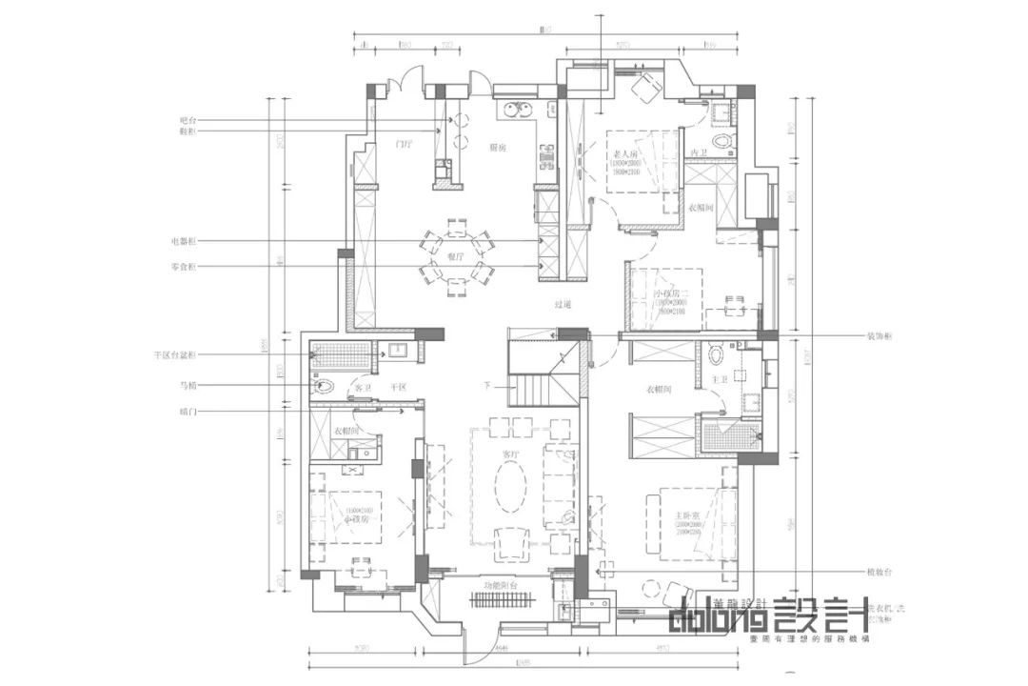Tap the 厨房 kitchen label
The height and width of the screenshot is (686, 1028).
(x=497, y=148)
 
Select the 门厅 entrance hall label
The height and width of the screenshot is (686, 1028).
(x=404, y=144)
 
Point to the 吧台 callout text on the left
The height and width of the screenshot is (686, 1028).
(x=188, y=121)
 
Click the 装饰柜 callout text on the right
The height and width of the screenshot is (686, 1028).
(x=879, y=336)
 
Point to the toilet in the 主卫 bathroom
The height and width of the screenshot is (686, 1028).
(x=717, y=356)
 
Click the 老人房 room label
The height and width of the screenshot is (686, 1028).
(x=626, y=151)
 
